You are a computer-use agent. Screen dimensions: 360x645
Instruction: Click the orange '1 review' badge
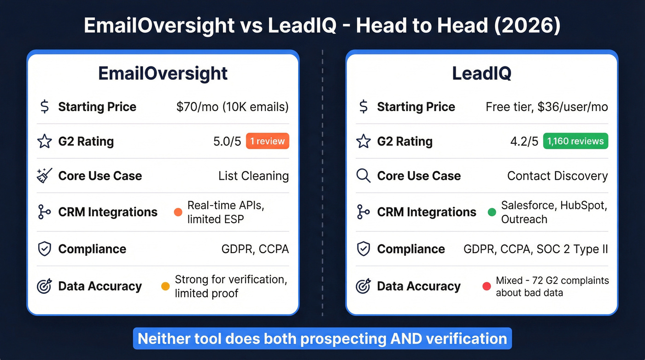pos(268,141)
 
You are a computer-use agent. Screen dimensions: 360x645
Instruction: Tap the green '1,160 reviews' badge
pos(575,141)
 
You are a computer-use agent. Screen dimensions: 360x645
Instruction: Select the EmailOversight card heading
pos(163,74)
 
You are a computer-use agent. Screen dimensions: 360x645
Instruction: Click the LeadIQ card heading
pos(481,74)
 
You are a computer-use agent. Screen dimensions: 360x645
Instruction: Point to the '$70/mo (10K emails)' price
pos(232,107)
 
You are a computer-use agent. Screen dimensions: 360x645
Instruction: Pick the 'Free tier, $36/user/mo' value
pos(546,107)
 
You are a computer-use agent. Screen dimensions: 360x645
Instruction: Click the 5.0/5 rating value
pos(227,142)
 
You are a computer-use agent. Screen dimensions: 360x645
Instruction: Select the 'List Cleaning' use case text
pos(253,176)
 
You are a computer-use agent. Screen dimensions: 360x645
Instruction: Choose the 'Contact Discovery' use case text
pos(557,176)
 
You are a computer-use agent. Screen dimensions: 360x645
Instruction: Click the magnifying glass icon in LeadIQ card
pos(364,176)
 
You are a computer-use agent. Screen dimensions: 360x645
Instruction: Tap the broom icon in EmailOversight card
pos(44,176)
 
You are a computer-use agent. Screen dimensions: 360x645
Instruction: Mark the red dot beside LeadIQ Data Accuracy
pos(486,286)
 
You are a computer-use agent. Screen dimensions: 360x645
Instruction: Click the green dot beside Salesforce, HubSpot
pos(492,212)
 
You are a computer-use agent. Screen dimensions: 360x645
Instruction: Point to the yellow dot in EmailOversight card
pos(165,286)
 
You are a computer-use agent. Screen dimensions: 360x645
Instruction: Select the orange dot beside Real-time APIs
pos(178,212)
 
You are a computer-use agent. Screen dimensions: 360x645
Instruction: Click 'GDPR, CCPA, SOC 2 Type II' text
pos(536,249)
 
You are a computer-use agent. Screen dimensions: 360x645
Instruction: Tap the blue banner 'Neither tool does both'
pos(322,339)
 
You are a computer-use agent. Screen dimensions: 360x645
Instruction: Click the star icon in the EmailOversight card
pos(44,142)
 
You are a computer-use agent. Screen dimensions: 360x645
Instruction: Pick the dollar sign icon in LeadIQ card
pos(364,107)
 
